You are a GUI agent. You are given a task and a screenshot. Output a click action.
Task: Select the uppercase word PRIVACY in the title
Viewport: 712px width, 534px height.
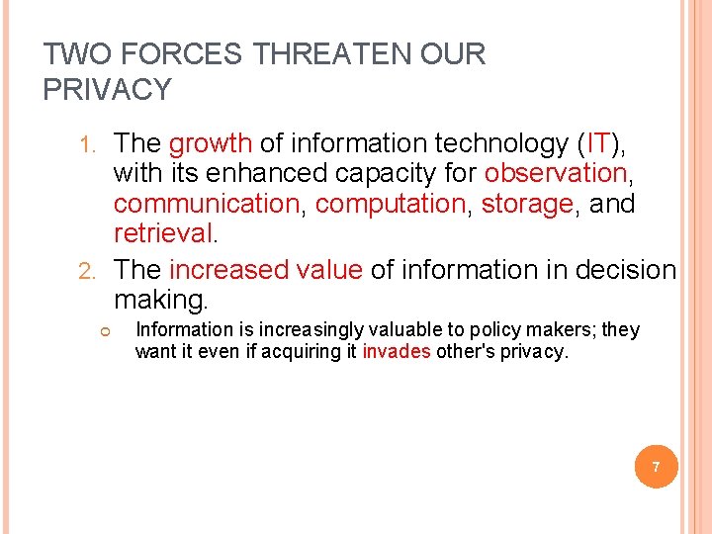click(x=108, y=90)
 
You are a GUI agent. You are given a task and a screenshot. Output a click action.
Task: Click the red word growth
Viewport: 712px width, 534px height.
click(x=211, y=144)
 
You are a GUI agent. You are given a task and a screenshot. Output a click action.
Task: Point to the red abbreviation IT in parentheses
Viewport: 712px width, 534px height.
click(x=599, y=144)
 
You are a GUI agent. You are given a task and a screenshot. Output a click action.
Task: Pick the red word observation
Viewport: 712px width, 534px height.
click(x=556, y=174)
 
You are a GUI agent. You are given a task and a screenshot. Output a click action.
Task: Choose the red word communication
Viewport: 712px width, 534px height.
click(x=206, y=205)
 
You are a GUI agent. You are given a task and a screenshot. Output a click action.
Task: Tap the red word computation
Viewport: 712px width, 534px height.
click(x=390, y=205)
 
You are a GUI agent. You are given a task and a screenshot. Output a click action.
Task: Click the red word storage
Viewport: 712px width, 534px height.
click(x=526, y=205)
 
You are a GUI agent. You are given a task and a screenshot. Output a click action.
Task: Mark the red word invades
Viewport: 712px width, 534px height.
click(x=397, y=352)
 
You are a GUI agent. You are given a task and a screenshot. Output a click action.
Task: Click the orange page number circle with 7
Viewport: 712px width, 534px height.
click(x=656, y=465)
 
